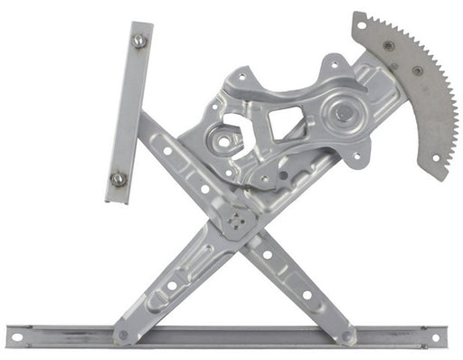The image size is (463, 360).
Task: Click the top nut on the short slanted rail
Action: [x=138, y=41]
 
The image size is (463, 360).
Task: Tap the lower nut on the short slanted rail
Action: [x=118, y=178]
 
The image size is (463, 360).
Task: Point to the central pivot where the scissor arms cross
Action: [x=240, y=220]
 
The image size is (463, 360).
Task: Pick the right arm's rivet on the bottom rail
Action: [x=346, y=336]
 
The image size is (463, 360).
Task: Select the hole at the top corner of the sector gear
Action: [x=362, y=26]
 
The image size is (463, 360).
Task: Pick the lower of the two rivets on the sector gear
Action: [x=417, y=71]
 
